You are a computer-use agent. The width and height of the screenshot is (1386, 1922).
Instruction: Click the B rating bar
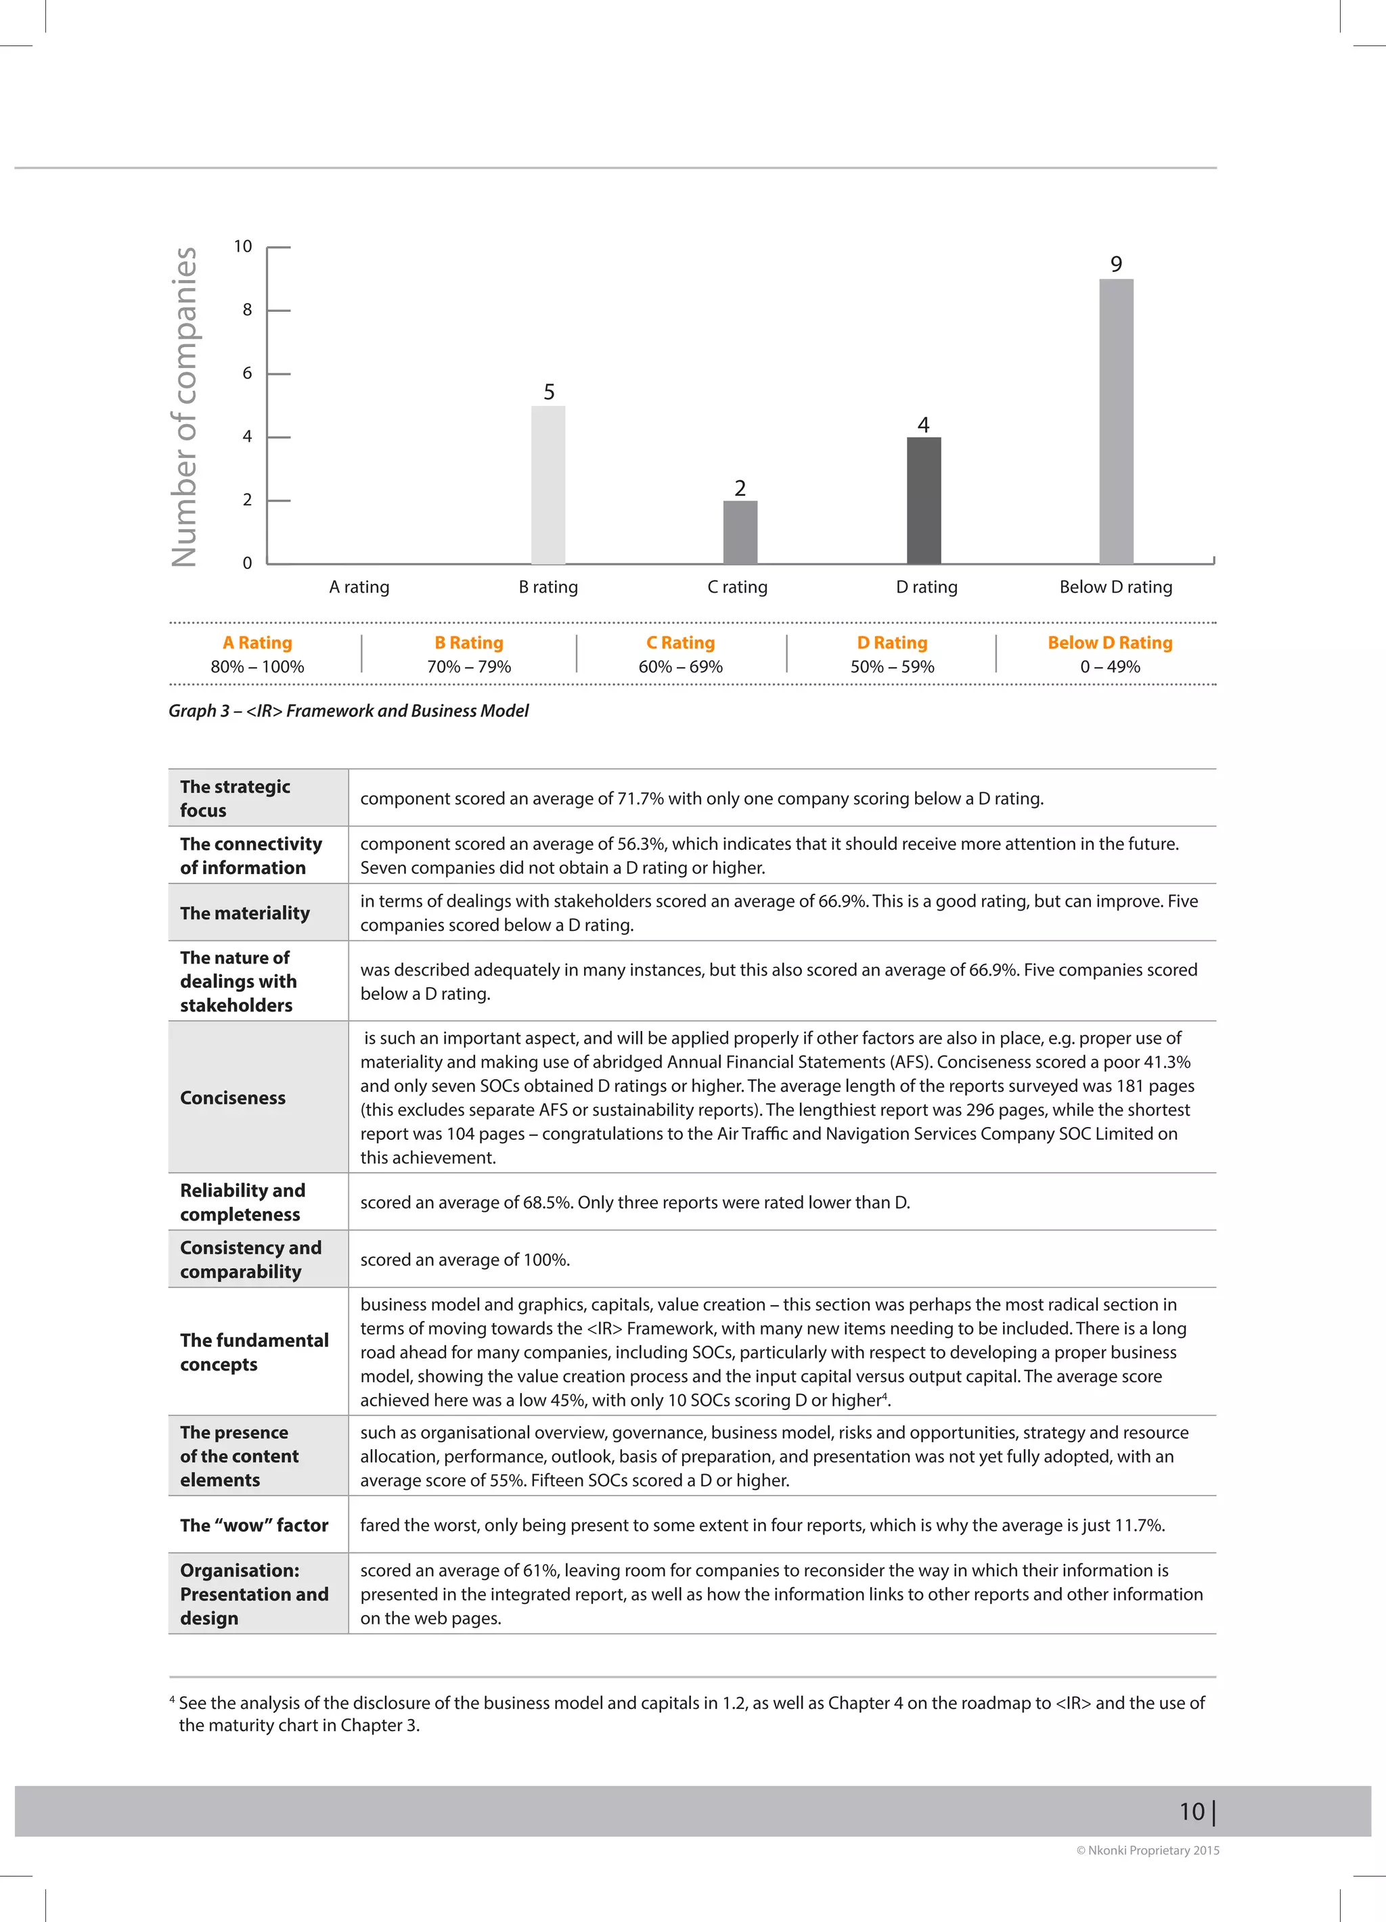547,485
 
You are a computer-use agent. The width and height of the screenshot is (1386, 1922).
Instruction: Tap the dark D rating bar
923,500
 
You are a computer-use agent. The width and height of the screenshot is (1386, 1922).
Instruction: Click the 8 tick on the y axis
247,310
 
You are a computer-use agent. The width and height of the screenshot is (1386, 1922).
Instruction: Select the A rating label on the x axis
359,587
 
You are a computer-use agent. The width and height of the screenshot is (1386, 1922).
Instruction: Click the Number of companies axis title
184,406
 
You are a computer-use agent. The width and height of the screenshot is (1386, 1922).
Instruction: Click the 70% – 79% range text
469,667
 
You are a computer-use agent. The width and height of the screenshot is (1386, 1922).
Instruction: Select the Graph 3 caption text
348,710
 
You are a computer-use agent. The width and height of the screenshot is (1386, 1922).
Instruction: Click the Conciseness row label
232,1097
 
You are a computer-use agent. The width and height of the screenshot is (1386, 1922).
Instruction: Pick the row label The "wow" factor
254,1525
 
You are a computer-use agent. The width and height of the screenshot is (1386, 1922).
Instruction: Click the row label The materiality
244,913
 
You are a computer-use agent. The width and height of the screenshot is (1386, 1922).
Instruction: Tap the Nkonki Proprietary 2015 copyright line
1147,1850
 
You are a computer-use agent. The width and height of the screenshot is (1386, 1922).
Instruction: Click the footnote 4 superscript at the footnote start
172,1699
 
